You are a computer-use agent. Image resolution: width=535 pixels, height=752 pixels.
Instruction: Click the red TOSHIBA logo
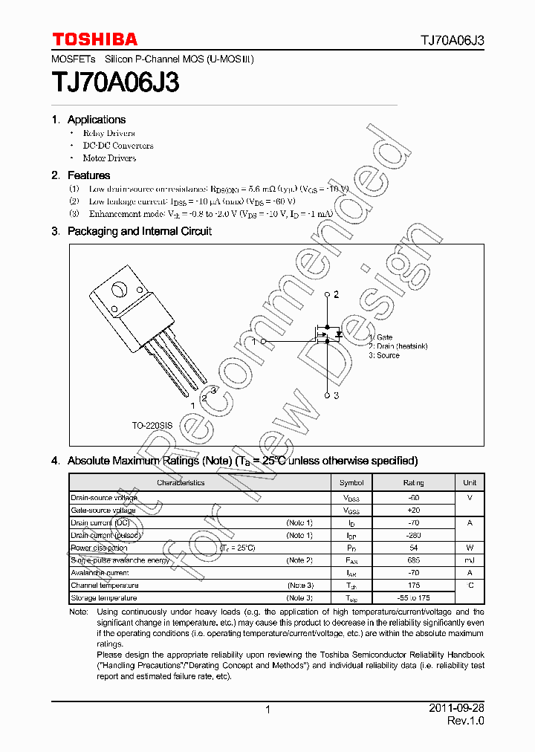tap(94, 39)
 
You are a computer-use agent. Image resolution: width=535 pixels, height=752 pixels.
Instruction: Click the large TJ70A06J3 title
tap(115, 82)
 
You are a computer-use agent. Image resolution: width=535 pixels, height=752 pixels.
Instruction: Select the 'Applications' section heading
tap(96, 120)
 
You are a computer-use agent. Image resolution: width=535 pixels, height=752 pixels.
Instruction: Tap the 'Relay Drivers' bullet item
tap(108, 134)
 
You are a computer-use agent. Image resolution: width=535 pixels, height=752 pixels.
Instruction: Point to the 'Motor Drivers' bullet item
tap(109, 158)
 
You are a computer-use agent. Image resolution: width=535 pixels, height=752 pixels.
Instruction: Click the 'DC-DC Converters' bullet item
tap(117, 146)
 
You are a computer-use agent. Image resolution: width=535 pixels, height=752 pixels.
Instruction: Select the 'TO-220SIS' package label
tap(152, 426)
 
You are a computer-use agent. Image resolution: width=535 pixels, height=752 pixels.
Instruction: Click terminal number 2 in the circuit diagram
tap(336, 295)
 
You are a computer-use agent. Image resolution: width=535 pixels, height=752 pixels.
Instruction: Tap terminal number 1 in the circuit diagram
tap(254, 342)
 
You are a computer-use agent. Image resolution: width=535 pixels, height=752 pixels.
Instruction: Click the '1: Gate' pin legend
tap(380, 337)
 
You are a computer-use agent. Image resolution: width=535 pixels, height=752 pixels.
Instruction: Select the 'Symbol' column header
tap(351, 483)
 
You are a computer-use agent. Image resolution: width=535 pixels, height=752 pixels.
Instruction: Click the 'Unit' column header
tap(470, 483)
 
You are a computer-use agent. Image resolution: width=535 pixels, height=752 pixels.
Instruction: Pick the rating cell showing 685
tap(413, 560)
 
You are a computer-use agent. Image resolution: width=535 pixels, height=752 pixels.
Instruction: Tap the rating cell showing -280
tap(413, 535)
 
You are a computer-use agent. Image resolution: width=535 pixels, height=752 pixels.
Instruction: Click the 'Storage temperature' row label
tap(104, 598)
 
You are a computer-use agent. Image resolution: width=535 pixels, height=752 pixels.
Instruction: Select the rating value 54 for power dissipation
tap(413, 548)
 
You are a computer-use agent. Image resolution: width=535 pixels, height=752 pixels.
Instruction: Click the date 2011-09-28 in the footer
tap(456, 709)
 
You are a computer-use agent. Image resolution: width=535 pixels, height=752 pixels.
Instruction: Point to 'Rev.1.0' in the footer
tap(466, 722)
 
